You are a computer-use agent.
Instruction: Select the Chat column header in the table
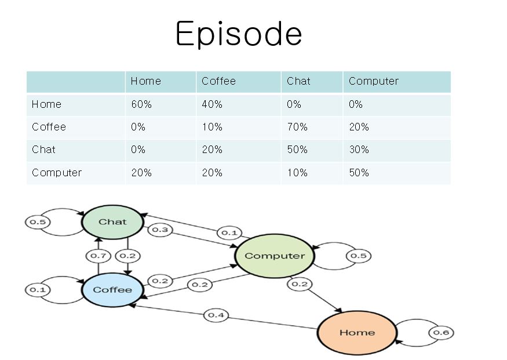(298, 81)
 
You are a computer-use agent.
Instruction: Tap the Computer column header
(374, 81)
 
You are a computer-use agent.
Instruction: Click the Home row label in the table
(46, 104)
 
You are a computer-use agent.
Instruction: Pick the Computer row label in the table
(57, 173)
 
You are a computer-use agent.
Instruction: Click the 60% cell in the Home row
(141, 104)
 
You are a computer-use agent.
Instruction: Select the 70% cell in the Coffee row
(297, 127)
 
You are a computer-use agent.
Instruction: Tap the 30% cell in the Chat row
(359, 150)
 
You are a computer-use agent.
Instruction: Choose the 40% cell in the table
(212, 104)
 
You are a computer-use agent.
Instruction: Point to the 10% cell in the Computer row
(297, 173)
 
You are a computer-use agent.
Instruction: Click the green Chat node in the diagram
(112, 222)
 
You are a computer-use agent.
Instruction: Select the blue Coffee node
(112, 290)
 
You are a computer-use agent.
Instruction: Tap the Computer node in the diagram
(275, 256)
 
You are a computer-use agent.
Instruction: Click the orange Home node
(357, 333)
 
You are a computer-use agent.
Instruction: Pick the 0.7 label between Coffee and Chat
(99, 256)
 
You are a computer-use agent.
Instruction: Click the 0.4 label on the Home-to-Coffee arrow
(216, 315)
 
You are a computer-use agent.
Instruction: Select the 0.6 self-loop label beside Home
(442, 333)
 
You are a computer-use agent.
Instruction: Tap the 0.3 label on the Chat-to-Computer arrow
(160, 230)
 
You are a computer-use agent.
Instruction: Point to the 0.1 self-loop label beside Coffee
(38, 289)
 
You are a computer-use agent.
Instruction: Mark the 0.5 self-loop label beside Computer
(359, 256)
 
